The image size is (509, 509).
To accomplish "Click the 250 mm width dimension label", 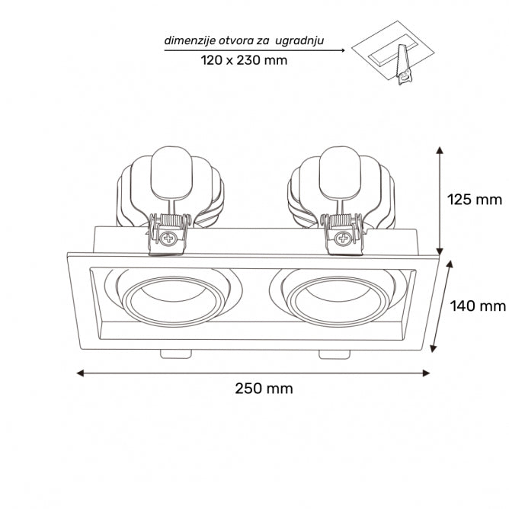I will point(264,388).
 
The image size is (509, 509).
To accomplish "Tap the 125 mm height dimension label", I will point(474,200).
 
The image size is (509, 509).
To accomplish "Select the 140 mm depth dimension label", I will point(478,306).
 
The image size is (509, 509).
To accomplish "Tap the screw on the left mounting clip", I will point(167,238).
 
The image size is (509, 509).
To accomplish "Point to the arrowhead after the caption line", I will point(342,50).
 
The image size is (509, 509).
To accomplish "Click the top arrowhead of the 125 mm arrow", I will point(440,149).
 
